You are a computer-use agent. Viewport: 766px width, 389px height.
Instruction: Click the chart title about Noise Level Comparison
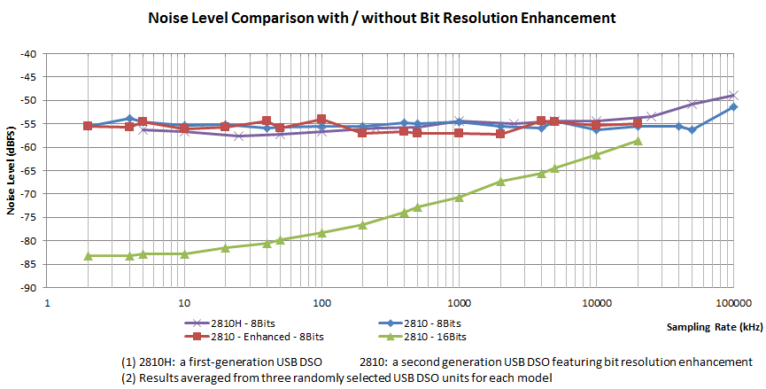383,18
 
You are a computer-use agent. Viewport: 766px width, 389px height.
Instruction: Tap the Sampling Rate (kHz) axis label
714,327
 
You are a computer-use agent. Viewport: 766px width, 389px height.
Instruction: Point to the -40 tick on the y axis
28,54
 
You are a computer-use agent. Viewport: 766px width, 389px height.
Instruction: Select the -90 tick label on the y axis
28,288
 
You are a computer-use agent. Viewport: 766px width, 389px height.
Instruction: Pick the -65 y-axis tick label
28,171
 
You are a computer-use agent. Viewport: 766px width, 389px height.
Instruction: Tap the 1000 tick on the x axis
458,302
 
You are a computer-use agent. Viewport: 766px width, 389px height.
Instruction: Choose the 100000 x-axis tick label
731,302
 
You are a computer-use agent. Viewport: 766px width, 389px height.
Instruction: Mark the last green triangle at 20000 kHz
637,141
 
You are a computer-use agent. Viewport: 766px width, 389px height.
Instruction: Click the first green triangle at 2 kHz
88,256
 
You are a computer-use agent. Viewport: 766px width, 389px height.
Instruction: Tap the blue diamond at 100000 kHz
732,107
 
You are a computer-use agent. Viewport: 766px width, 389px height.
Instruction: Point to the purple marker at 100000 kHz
732,96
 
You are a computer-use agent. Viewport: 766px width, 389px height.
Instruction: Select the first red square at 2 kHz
88,126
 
